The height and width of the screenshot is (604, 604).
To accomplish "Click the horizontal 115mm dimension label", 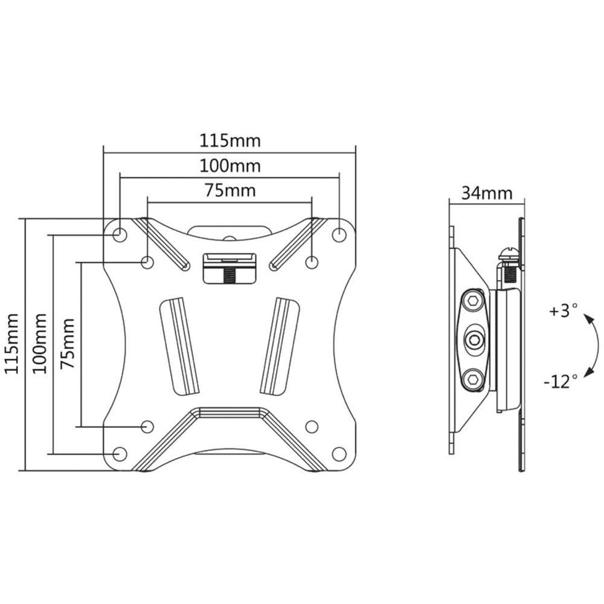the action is pyautogui.click(x=230, y=141).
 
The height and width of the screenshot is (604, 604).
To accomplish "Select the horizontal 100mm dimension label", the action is pyautogui.click(x=230, y=166).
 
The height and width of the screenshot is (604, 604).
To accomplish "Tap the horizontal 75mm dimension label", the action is pyautogui.click(x=230, y=191).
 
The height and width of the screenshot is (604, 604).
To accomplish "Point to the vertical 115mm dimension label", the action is pyautogui.click(x=11, y=344).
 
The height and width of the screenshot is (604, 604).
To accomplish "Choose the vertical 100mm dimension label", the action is pyautogui.click(x=39, y=344).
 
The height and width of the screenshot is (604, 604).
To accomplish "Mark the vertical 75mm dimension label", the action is pyautogui.click(x=67, y=344).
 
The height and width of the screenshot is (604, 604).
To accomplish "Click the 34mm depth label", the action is pyautogui.click(x=487, y=193).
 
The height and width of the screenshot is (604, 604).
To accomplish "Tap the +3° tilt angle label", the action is pyautogui.click(x=564, y=310).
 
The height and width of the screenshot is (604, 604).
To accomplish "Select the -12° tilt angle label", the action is pyautogui.click(x=561, y=382).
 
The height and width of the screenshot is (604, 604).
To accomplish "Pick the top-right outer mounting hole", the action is pyautogui.click(x=339, y=234).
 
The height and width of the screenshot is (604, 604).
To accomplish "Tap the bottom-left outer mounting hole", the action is pyautogui.click(x=120, y=454).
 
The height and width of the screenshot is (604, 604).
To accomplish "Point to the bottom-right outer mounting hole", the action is pyautogui.click(x=339, y=454).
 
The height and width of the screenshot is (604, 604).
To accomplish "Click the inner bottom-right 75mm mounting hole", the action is pyautogui.click(x=311, y=426).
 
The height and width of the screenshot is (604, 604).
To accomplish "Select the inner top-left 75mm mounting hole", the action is pyautogui.click(x=147, y=262).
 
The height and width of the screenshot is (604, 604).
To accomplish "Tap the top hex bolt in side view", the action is pyautogui.click(x=473, y=300).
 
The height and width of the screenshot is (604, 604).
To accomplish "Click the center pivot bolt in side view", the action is pyautogui.click(x=473, y=339).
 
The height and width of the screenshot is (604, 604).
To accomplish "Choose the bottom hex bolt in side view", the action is pyautogui.click(x=473, y=380).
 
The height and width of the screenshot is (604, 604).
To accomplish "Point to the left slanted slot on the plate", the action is pyautogui.click(x=179, y=345).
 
